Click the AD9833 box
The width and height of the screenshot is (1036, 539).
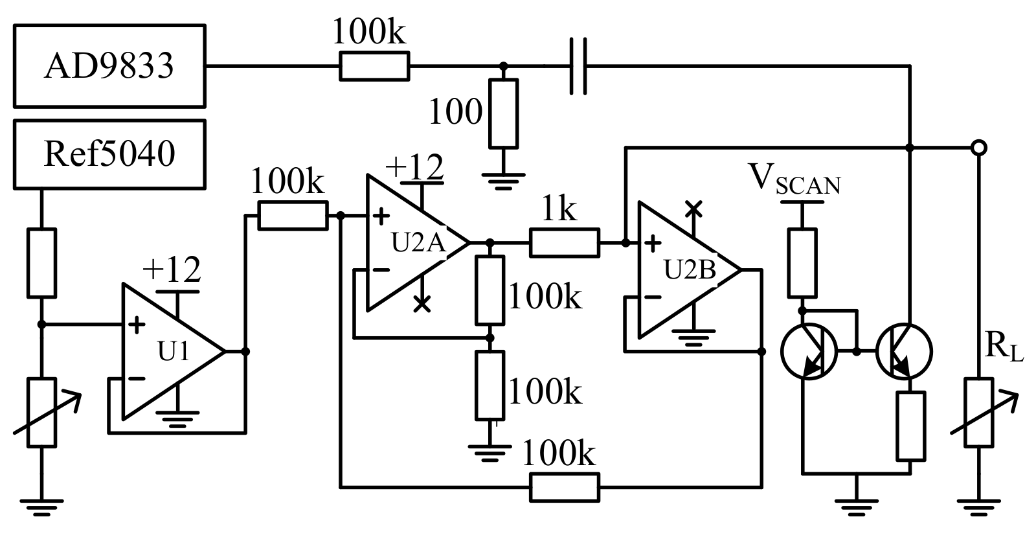pyautogui.click(x=109, y=65)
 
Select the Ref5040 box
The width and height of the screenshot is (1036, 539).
pyautogui.click(x=109, y=154)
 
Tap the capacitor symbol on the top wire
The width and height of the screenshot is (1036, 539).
pyautogui.click(x=578, y=65)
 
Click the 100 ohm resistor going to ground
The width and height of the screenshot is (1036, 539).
pyautogui.click(x=503, y=113)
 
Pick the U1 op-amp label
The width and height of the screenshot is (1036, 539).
pyautogui.click(x=174, y=351)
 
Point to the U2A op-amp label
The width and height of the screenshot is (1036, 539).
pyautogui.click(x=419, y=244)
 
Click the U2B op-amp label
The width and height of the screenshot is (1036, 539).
pyautogui.click(x=690, y=270)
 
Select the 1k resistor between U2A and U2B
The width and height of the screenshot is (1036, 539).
pyautogui.click(x=564, y=243)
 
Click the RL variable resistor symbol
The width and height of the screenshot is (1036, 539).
pyautogui.click(x=978, y=412)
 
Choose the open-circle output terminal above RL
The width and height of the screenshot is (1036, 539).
pyautogui.click(x=979, y=148)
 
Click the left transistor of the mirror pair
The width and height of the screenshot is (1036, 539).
pyautogui.click(x=808, y=352)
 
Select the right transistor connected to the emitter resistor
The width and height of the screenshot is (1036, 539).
pyautogui.click(x=905, y=352)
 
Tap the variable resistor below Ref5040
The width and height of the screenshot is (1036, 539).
pyautogui.click(x=42, y=412)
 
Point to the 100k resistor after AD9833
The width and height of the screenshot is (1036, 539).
pyautogui.click(x=374, y=65)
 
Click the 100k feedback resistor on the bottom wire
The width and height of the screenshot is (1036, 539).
pyautogui.click(x=564, y=487)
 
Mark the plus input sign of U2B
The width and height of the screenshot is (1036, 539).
pyautogui.click(x=653, y=244)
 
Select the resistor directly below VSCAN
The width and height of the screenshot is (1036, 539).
pyautogui.click(x=802, y=262)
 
